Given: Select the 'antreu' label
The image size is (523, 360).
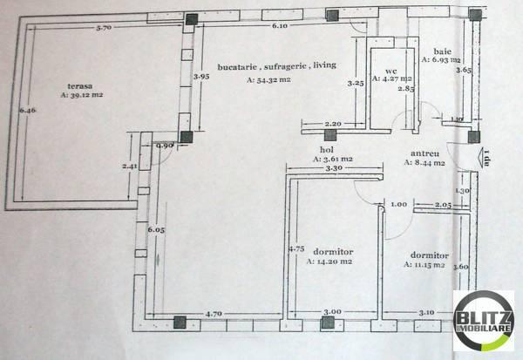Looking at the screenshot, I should (425, 154).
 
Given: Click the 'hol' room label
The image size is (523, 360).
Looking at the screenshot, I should (327, 150).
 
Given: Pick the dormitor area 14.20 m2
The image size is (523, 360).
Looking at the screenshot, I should (327, 261).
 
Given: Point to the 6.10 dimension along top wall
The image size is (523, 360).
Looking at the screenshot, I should (279, 28).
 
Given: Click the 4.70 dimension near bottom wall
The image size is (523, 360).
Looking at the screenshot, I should (214, 312).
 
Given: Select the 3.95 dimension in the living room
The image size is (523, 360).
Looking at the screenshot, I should (200, 76).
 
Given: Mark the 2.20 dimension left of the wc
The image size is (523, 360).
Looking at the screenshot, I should (332, 124).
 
